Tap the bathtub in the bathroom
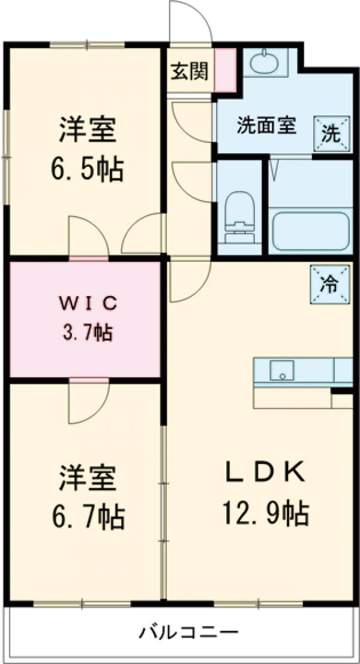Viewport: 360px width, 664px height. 311,230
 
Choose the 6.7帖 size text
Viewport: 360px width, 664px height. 87,515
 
